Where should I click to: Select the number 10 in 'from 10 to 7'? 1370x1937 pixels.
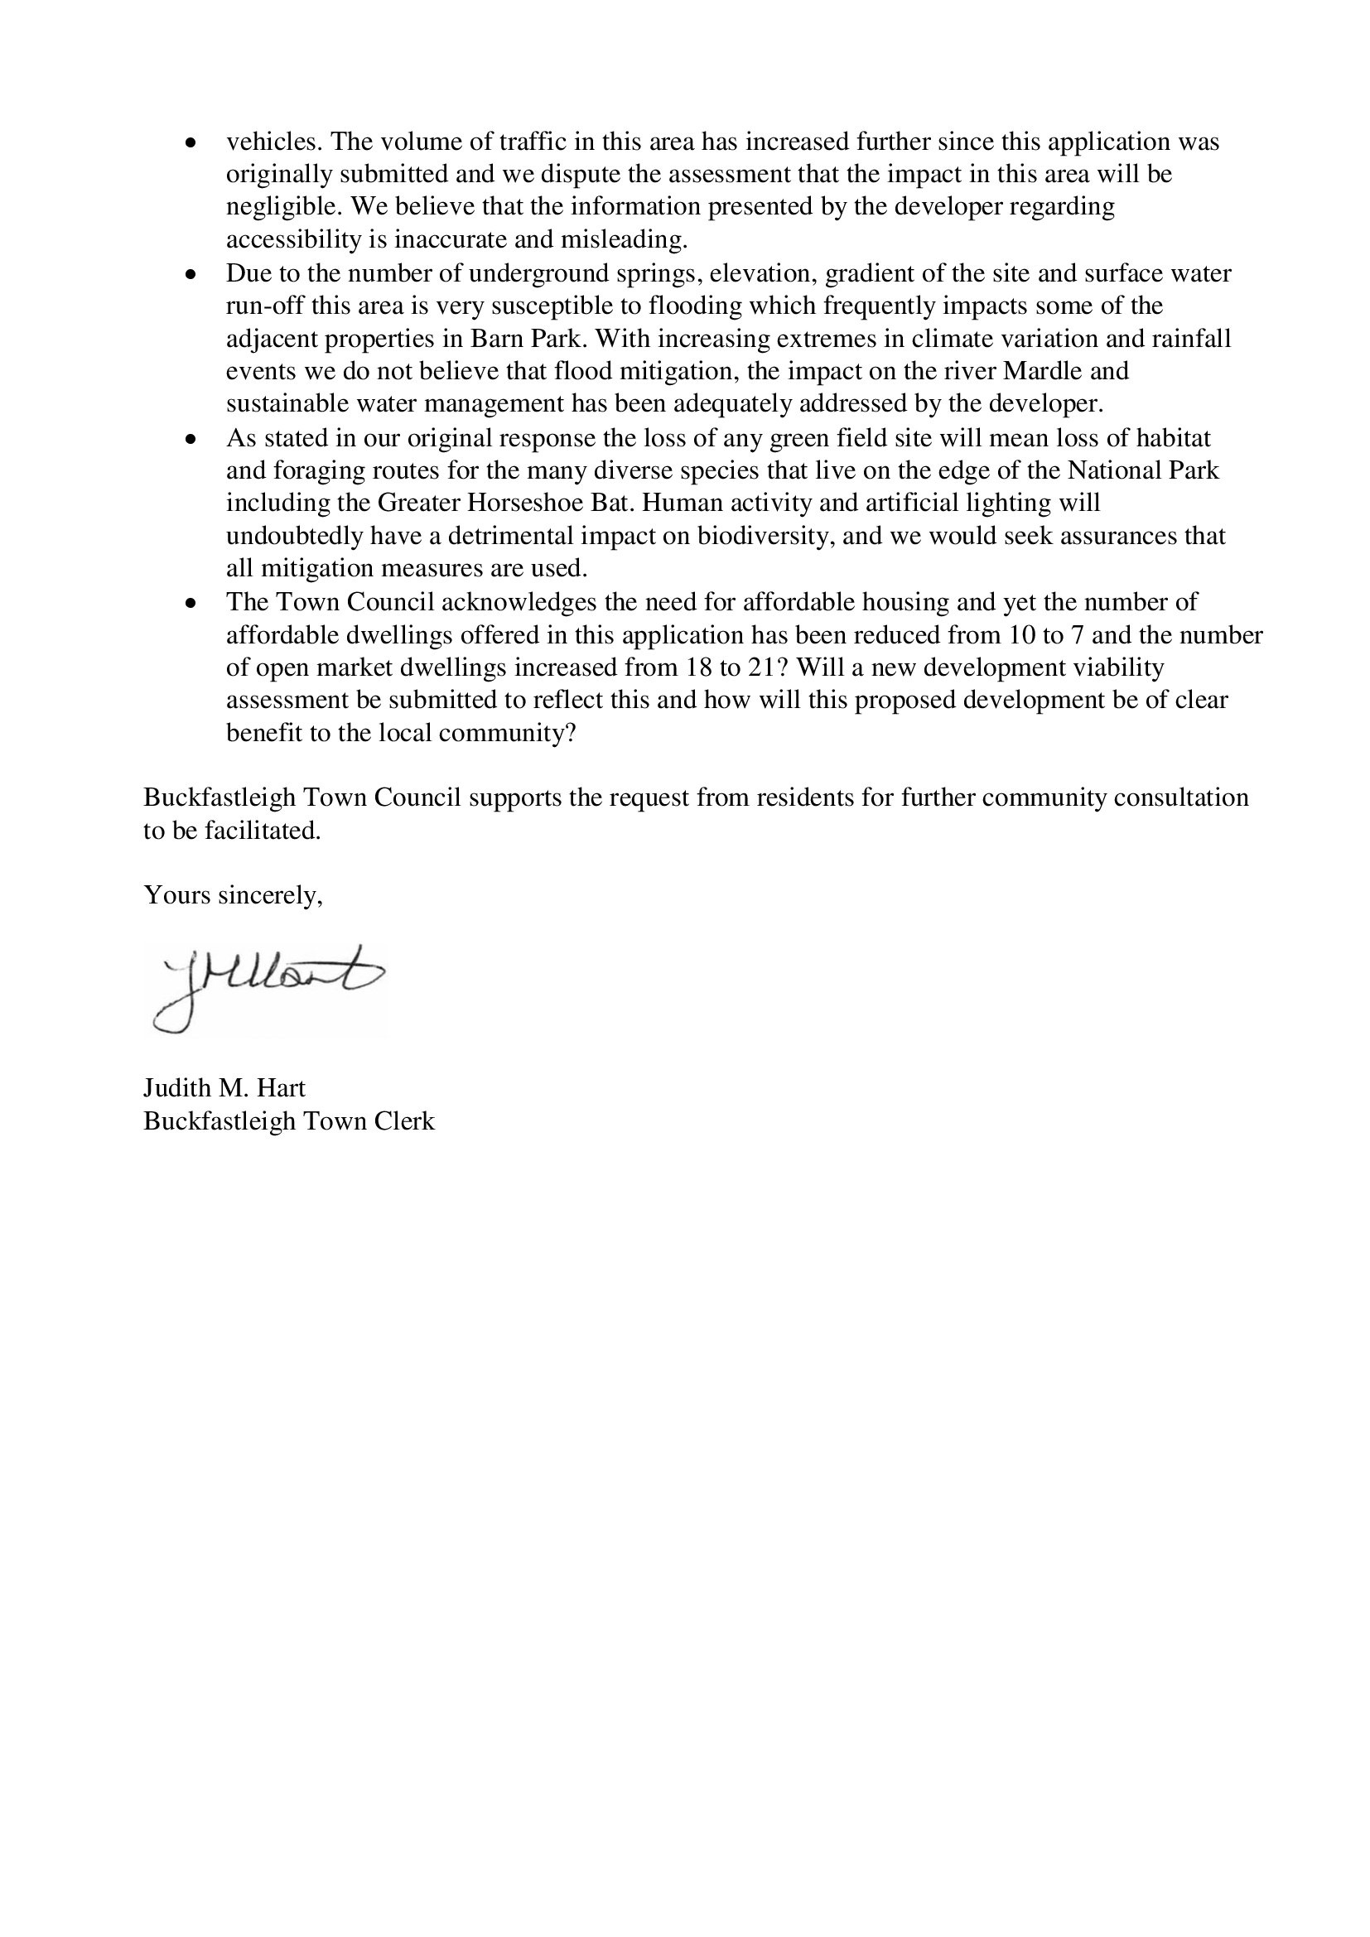pos(1024,634)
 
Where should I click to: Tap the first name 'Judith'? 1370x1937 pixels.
pos(178,1088)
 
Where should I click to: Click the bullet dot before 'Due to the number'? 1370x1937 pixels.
pos(191,275)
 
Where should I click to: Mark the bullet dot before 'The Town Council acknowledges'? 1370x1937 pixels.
pos(191,604)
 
